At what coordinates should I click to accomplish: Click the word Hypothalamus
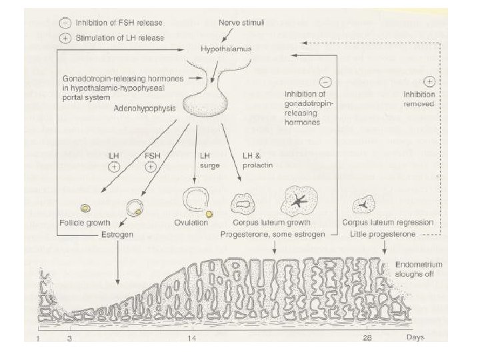pyautogui.click(x=225, y=49)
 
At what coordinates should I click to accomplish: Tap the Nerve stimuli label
pyautogui.click(x=241, y=23)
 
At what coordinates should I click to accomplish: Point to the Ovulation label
pyautogui.click(x=193, y=223)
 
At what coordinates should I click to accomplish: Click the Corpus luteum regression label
pyautogui.click(x=387, y=223)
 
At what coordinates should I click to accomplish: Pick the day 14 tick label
pyautogui.click(x=192, y=338)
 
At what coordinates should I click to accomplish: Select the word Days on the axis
pyautogui.click(x=416, y=337)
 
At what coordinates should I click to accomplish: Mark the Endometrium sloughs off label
pyautogui.click(x=418, y=268)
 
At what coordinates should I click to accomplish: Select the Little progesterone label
pyautogui.click(x=384, y=235)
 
